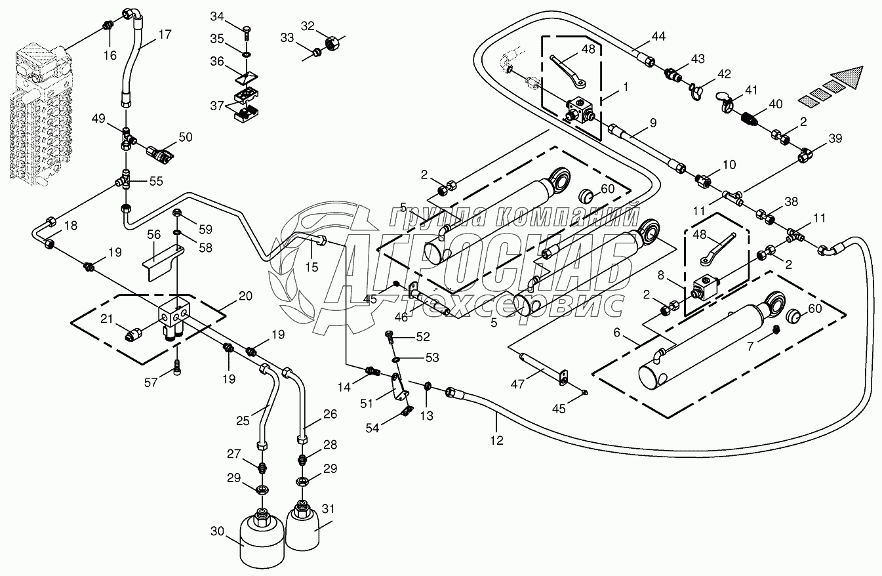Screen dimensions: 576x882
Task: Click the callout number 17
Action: point(165,35)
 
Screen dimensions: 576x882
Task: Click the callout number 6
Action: point(616,333)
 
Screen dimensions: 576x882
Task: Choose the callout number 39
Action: point(835,138)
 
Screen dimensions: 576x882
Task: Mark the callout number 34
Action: point(217,16)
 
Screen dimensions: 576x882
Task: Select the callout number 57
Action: point(152,382)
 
